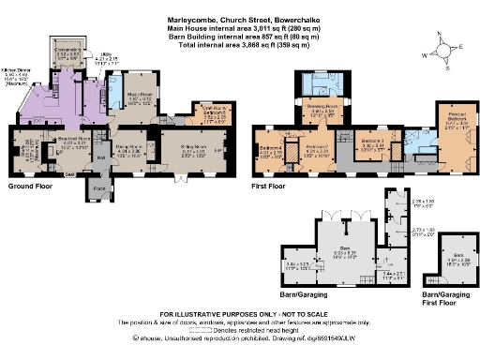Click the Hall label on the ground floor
click(x=99, y=157)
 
